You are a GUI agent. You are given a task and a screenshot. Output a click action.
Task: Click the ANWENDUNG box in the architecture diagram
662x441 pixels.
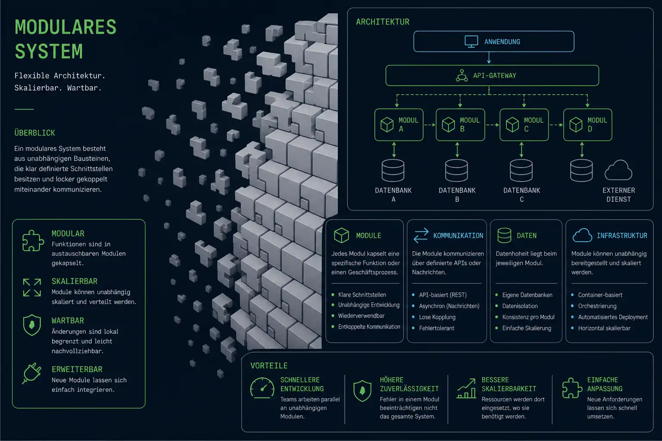pyautogui.click(x=494, y=41)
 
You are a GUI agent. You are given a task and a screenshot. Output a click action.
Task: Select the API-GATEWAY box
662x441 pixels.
pyautogui.click(x=492, y=75)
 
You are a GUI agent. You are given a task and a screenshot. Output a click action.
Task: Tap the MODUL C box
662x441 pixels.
pyautogui.click(x=524, y=124)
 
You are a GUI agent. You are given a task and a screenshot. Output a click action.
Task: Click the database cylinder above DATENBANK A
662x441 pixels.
pyautogui.click(x=393, y=171)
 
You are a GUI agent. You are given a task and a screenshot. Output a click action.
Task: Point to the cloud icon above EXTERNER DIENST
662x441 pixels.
pyautogui.click(x=618, y=170)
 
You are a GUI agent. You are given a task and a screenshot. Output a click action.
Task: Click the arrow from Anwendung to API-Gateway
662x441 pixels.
pyautogui.click(x=489, y=58)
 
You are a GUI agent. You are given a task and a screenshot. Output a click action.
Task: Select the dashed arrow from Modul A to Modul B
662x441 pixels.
pyautogui.click(x=430, y=125)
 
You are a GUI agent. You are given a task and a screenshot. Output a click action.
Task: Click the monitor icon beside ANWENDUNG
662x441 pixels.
pyautogui.click(x=471, y=42)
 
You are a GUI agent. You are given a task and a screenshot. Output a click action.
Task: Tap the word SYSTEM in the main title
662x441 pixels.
pyautogui.click(x=49, y=51)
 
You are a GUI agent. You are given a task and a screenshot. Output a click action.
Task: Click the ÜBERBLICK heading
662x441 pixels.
pyautogui.click(x=34, y=133)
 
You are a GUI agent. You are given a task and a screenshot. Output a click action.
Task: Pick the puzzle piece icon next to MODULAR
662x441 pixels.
pyautogui.click(x=33, y=241)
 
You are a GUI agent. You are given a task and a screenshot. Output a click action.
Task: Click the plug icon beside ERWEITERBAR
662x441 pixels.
pyautogui.click(x=31, y=373)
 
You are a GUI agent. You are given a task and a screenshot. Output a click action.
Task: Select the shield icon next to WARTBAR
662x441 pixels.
pyautogui.click(x=32, y=325)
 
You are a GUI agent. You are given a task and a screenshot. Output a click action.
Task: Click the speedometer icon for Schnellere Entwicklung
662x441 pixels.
pyautogui.click(x=262, y=388)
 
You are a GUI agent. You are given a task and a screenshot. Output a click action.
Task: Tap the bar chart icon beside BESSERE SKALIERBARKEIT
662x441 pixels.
pyautogui.click(x=466, y=388)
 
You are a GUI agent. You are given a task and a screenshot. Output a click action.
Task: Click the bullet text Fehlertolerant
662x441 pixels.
pyautogui.click(x=437, y=328)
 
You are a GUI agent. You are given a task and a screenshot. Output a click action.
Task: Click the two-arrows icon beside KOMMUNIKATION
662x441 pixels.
pyautogui.click(x=421, y=236)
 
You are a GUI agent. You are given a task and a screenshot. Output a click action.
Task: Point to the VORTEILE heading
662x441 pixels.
pyautogui.click(x=269, y=366)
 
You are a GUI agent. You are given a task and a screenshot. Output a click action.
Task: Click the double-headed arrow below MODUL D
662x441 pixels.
pyautogui.click(x=582, y=150)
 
